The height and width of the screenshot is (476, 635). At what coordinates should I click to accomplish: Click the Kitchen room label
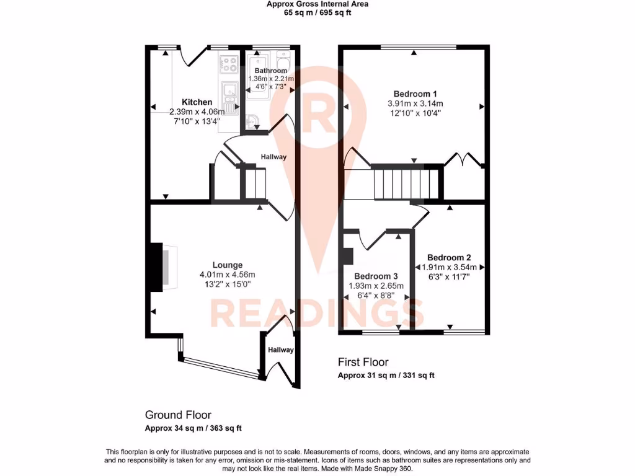[197, 102]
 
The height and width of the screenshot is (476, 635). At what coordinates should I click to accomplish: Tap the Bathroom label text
[270, 71]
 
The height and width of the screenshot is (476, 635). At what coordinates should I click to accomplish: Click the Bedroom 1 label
[415, 94]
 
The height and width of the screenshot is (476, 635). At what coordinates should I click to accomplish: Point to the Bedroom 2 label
[449, 257]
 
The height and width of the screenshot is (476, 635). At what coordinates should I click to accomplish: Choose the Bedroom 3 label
[376, 276]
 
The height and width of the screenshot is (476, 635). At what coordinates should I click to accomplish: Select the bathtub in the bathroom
[258, 77]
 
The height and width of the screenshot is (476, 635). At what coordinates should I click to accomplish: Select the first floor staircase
[403, 183]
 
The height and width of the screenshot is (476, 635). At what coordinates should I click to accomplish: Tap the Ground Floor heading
[178, 415]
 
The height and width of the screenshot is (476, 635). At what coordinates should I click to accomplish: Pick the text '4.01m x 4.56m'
[227, 275]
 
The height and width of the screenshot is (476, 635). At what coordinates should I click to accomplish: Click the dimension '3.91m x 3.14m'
[415, 104]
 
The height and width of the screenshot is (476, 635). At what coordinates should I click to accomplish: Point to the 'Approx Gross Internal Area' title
[317, 4]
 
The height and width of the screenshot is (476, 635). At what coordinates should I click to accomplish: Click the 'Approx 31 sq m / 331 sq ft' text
[386, 375]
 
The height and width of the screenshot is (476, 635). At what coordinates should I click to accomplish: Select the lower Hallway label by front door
[281, 350]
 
